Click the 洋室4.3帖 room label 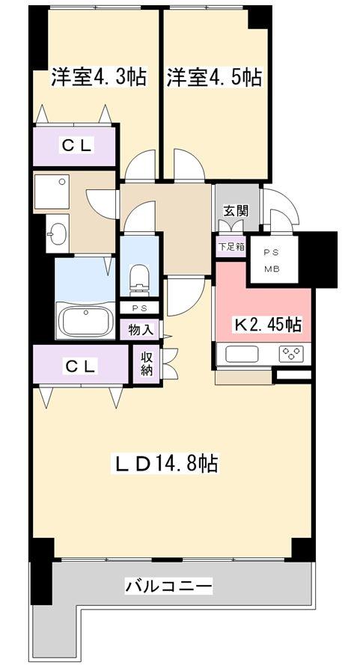pyautogui.click(x=98, y=77)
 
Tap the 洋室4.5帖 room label pyautogui.click(x=214, y=77)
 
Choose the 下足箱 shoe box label pyautogui.click(x=231, y=245)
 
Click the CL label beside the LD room pyautogui.click(x=79, y=366)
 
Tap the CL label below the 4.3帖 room pyautogui.click(x=76, y=147)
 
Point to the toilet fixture pyautogui.click(x=140, y=279)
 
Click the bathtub pyautogui.click(x=86, y=322)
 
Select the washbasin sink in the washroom pyautogui.click(x=57, y=237)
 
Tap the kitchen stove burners pyautogui.click(x=291, y=354)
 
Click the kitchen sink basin pyautogui.click(x=242, y=354)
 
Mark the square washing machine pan pyautogui.click(x=51, y=191)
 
